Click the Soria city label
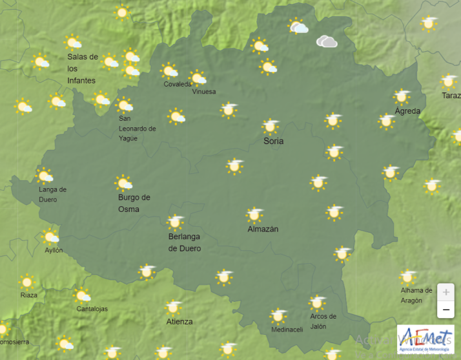click(273, 141)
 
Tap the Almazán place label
click(263, 229)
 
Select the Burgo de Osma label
click(134, 203)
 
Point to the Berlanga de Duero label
click(185, 242)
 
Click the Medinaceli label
click(287, 330)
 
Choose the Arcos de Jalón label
click(323, 321)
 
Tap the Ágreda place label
click(407, 111)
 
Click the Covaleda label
click(178, 85)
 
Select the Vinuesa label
click(204, 92)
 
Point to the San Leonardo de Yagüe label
click(137, 128)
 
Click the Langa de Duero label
click(52, 194)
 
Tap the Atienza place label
click(179, 321)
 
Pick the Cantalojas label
click(92, 309)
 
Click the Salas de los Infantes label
click(83, 69)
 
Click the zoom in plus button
click(446, 292)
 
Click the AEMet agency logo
click(425, 339)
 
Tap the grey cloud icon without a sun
click(327, 42)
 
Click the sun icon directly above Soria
click(271, 125)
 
